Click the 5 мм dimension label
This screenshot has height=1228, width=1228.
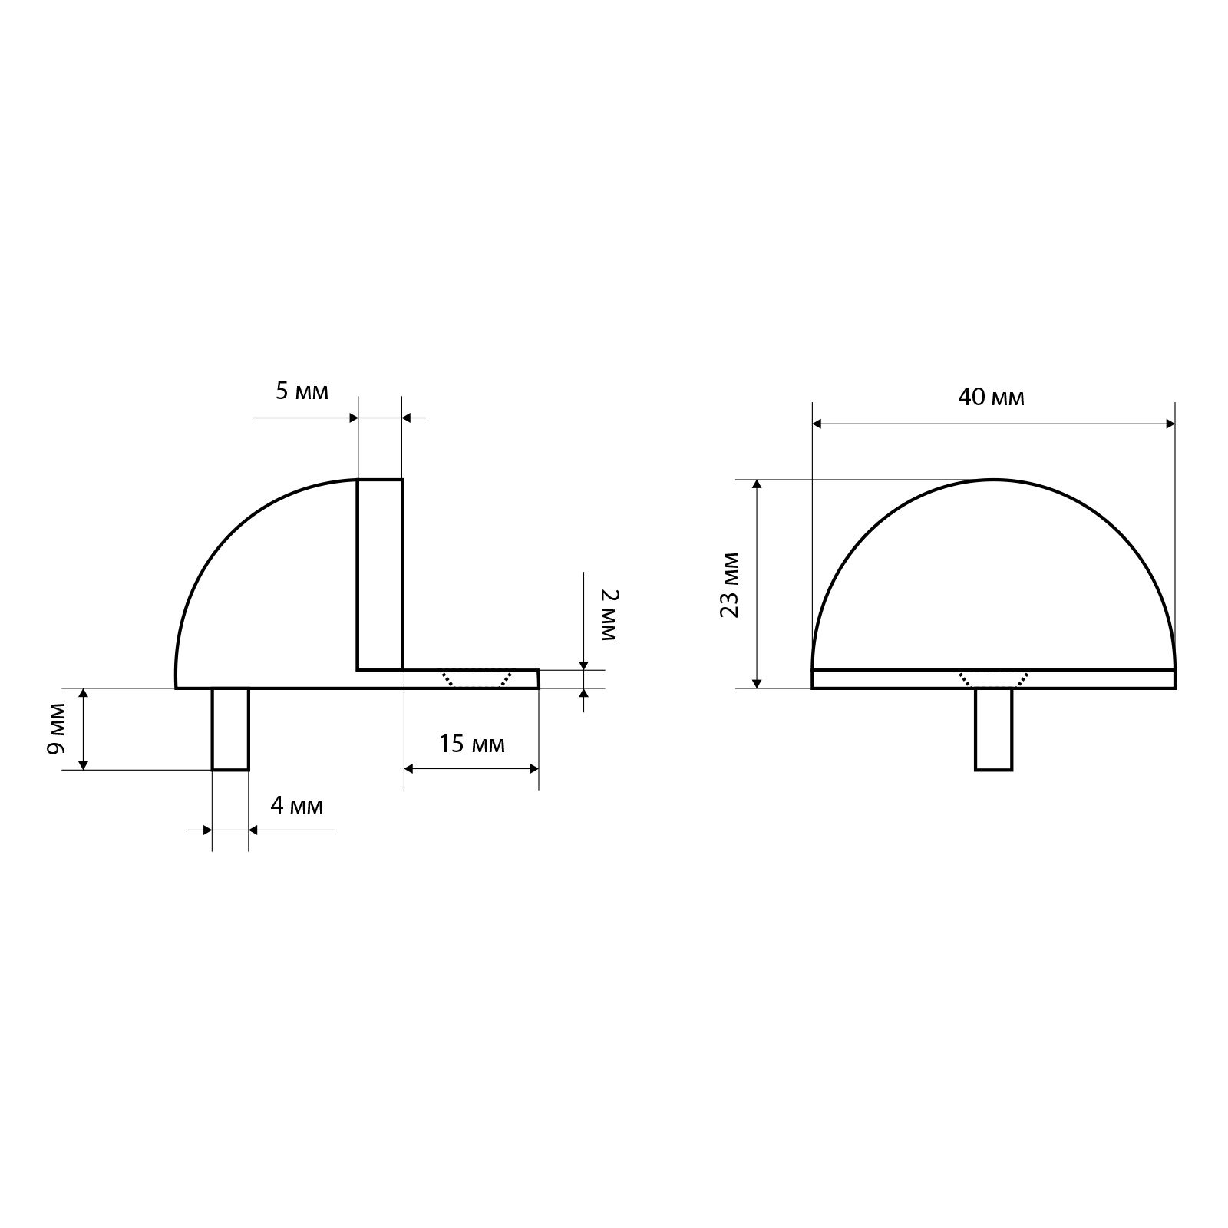(x=302, y=391)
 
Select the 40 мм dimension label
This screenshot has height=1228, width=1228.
(x=991, y=398)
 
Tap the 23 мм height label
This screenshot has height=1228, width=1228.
(x=730, y=585)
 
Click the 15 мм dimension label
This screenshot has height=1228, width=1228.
(x=472, y=744)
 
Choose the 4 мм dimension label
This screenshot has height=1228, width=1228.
(x=296, y=806)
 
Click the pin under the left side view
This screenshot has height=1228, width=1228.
(x=230, y=728)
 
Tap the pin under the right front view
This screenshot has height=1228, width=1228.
(x=994, y=729)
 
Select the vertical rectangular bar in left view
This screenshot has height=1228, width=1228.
(x=380, y=574)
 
